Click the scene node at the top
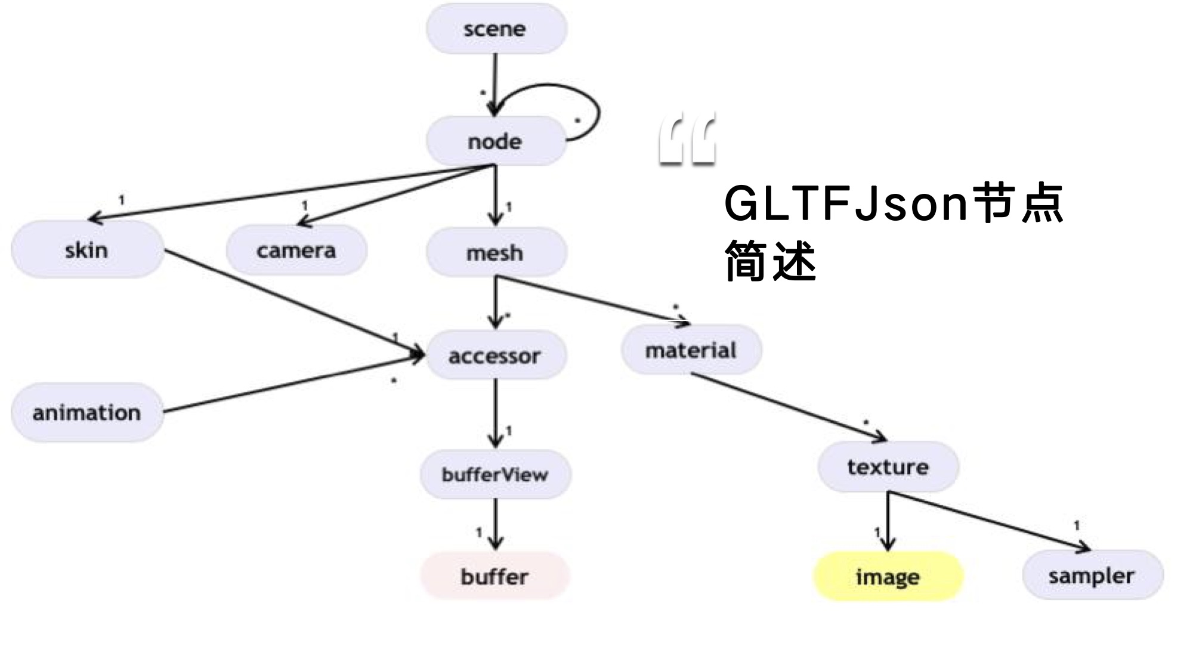496,29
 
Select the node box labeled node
495,141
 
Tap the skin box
87,250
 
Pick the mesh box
496,253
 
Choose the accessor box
495,355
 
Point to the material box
691,350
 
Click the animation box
87,413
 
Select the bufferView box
495,475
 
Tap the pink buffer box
495,576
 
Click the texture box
888,467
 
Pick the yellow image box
888,577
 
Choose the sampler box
1092,576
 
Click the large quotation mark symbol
687,141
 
